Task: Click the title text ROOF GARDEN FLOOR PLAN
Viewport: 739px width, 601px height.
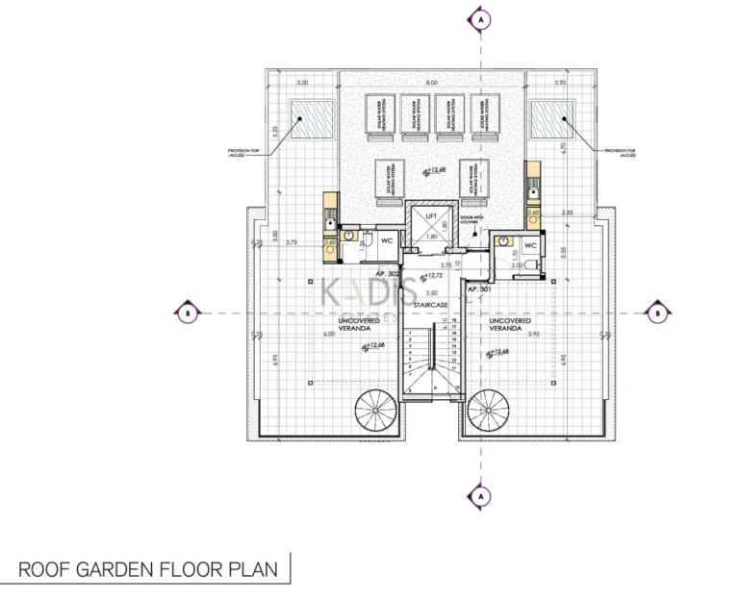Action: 148,569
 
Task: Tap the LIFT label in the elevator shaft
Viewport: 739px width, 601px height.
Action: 431,217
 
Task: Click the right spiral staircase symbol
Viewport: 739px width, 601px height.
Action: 491,413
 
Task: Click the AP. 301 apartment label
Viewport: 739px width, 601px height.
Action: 478,288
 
